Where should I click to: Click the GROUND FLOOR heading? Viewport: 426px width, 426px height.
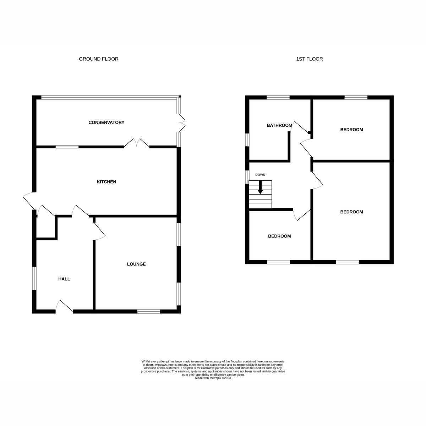point(99,59)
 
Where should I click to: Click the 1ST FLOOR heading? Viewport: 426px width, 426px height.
point(310,59)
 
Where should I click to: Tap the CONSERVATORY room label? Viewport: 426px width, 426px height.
point(106,122)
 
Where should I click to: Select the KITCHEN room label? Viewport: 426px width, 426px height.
point(106,182)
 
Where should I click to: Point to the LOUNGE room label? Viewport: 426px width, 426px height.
point(137,264)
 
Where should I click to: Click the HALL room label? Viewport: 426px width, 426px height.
point(64,279)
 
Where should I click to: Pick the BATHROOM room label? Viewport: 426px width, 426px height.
point(279,125)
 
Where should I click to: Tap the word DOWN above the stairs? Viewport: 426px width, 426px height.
point(260,175)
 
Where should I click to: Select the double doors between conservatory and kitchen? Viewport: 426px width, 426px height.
point(137,143)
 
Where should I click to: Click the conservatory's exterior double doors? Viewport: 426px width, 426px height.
point(181,122)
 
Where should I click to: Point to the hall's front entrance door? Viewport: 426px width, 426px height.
point(65,307)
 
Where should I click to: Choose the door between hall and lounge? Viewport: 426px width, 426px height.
point(99,231)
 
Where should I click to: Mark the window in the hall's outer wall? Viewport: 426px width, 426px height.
point(34,278)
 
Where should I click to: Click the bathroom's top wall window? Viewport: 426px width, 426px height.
point(278,97)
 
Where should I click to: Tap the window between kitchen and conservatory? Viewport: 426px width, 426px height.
point(67,146)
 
